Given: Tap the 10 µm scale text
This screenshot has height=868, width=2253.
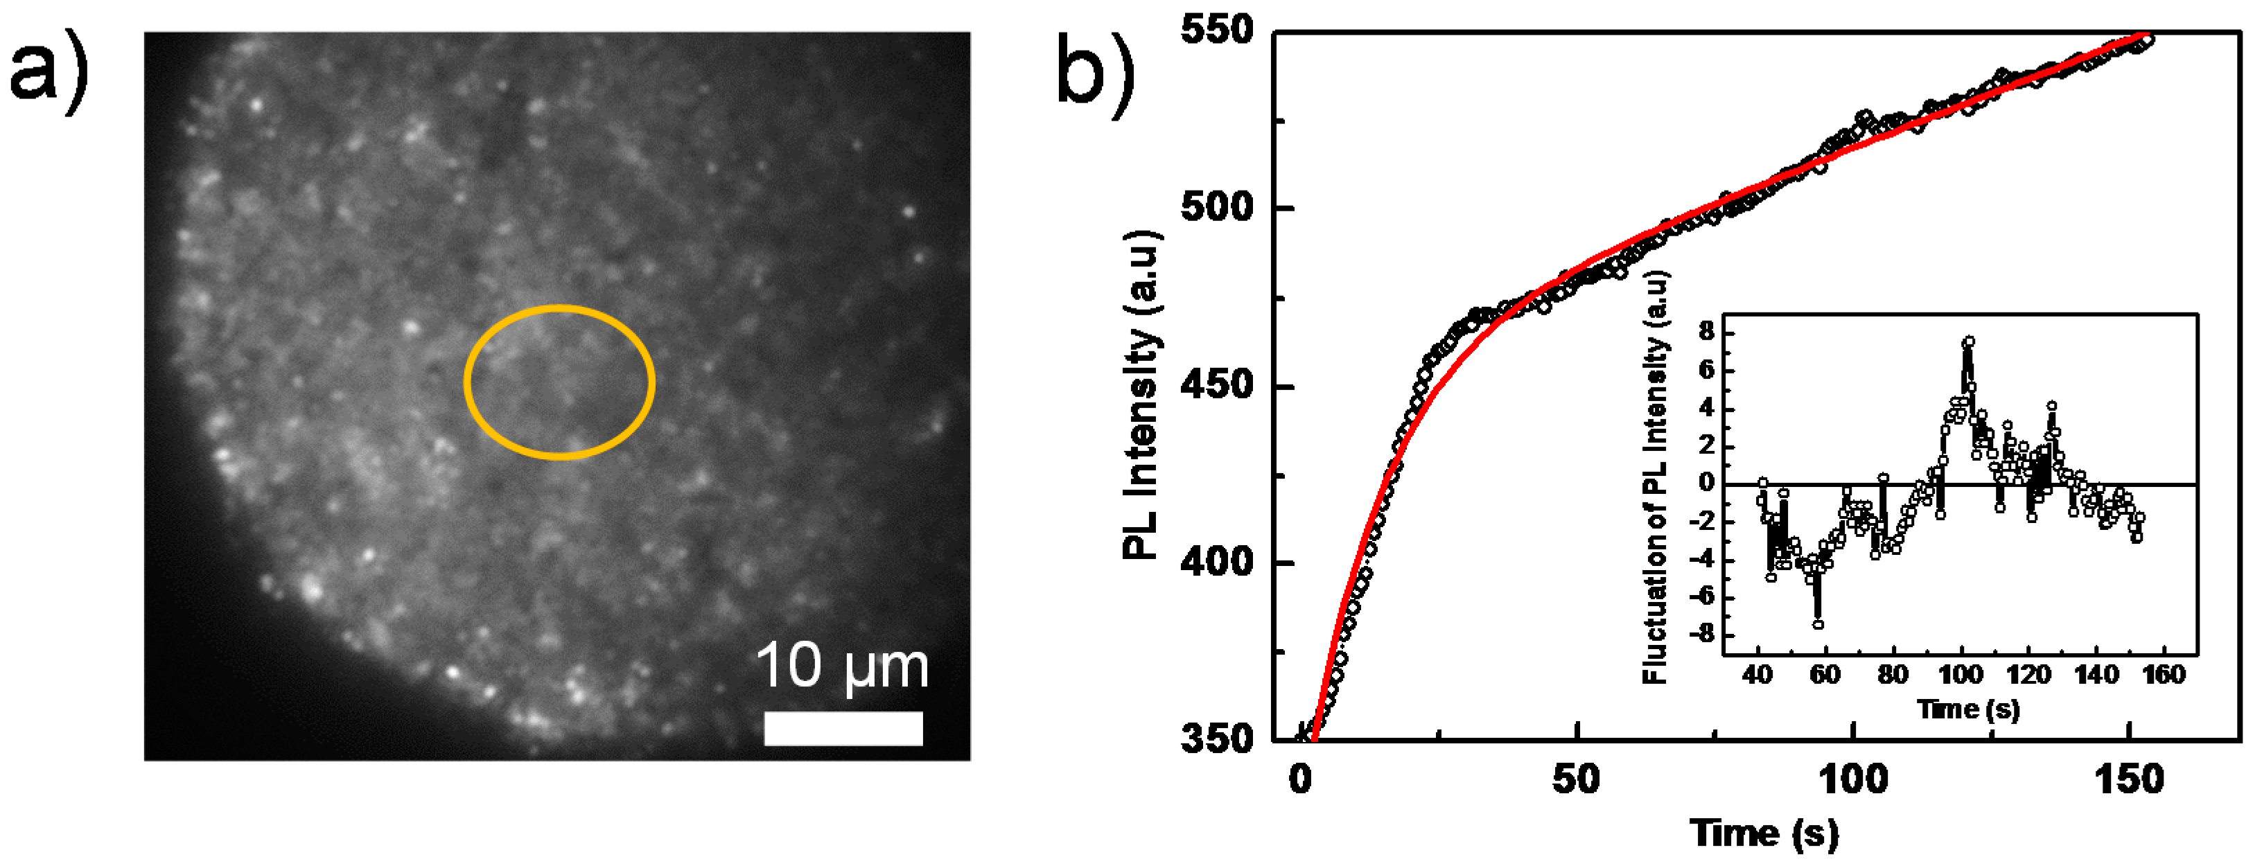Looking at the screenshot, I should (841, 667).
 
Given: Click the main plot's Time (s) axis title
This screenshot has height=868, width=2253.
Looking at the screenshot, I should (1764, 833).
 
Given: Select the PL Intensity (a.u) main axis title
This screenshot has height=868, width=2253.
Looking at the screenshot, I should (1142, 395).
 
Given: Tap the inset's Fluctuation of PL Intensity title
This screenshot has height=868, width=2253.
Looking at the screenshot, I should (1656, 477).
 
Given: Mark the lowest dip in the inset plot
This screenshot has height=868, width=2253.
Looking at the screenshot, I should (1818, 624).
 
